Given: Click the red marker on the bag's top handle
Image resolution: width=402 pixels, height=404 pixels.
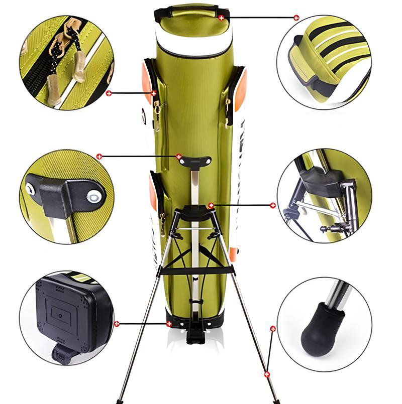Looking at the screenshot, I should [x=222, y=18].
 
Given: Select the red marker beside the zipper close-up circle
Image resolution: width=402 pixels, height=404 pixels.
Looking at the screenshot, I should [x=109, y=93].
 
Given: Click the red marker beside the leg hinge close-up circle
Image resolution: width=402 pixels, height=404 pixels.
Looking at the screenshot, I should [x=273, y=205].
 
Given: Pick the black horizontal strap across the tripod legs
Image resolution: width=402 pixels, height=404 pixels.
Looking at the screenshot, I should [x=196, y=271].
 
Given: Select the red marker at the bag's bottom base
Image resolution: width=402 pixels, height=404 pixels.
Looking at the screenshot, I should [x=169, y=324].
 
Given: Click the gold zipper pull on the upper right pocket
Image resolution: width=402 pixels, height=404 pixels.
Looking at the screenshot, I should [x=228, y=104].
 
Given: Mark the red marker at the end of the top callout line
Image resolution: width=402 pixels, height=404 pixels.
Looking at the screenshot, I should [x=296, y=18].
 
